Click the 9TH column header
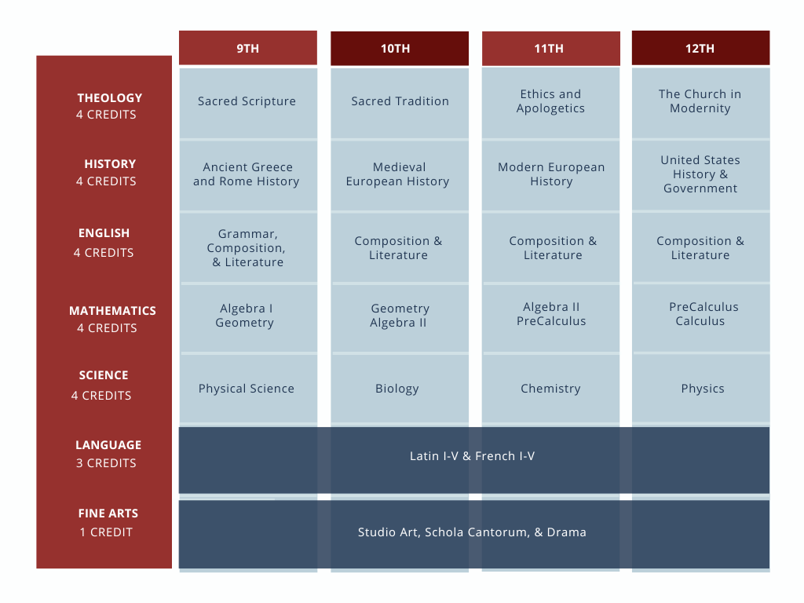click(247, 48)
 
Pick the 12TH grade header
click(700, 48)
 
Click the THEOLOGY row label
click(109, 98)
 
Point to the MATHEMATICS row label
click(112, 311)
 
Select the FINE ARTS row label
click(108, 513)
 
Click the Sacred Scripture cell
click(247, 103)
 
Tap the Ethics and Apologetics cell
click(550, 103)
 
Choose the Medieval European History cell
click(400, 175)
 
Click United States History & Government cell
click(700, 175)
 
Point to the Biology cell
click(400, 388)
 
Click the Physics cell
click(700, 388)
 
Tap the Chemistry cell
click(550, 388)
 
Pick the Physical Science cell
click(247, 388)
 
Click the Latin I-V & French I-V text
click(472, 456)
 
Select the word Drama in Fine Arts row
click(567, 532)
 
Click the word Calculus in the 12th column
click(700, 321)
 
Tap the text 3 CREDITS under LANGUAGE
click(106, 463)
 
